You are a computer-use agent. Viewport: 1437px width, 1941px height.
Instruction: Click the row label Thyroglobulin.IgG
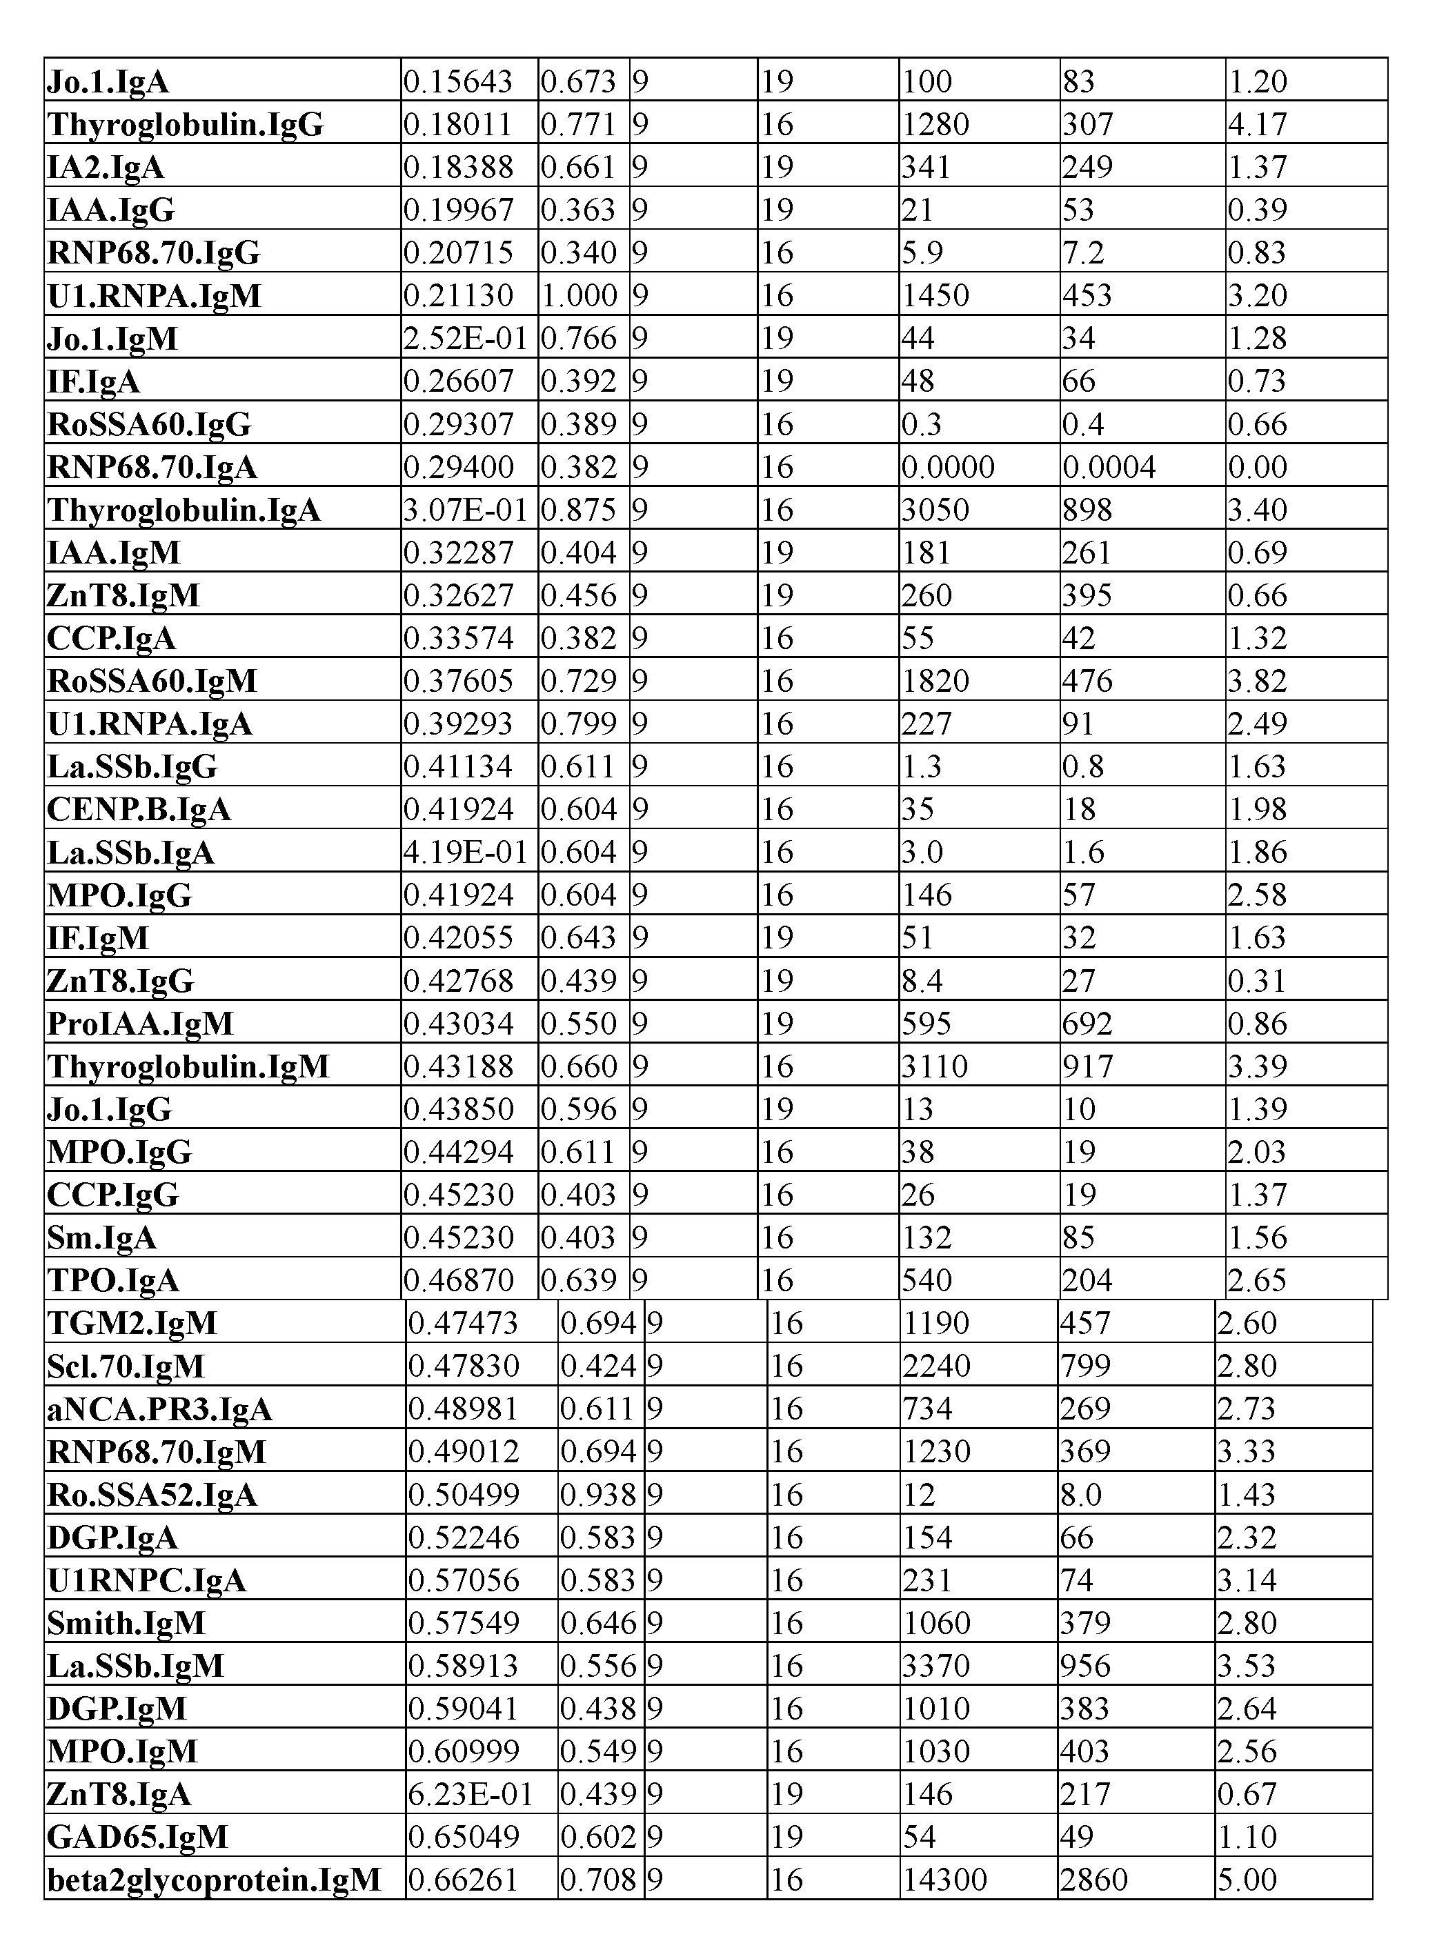pos(186,124)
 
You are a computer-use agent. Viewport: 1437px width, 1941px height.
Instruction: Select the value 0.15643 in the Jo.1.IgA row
pos(457,82)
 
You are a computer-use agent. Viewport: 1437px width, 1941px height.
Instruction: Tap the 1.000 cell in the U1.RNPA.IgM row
pos(578,296)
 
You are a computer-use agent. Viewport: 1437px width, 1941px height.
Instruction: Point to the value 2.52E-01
pos(466,338)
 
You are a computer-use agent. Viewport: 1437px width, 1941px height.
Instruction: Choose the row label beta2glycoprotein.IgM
pos(214,1880)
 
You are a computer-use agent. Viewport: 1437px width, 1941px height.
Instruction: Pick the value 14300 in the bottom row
pos(944,1880)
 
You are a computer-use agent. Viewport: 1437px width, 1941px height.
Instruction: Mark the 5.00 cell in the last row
pos(1247,1880)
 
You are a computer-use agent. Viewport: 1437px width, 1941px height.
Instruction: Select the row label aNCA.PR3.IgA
pos(160,1409)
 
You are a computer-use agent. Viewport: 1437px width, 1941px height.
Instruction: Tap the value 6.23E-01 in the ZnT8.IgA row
pos(470,1794)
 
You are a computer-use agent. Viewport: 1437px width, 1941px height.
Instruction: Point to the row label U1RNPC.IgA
pos(147,1580)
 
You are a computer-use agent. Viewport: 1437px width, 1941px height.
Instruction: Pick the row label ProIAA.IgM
pos(141,1024)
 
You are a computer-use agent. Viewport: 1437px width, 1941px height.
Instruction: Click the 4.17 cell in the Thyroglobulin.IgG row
pos(1257,124)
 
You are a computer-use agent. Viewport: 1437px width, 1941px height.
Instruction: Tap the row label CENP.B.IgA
pos(139,810)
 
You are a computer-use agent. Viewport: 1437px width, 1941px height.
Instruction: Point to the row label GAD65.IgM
pos(137,1838)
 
